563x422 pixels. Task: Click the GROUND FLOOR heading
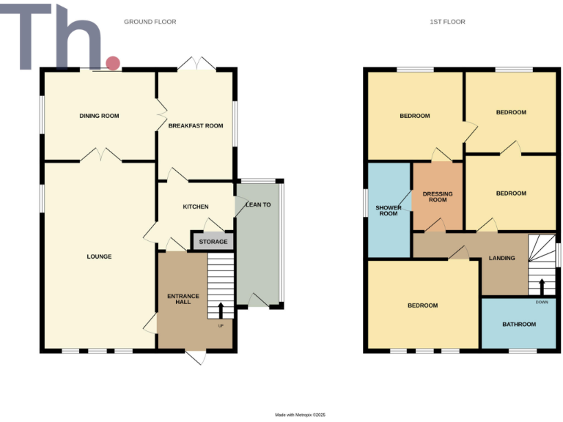(150, 22)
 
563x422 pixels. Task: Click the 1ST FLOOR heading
(447, 22)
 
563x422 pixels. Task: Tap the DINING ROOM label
(99, 116)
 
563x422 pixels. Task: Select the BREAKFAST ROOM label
(196, 126)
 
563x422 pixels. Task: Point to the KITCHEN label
(196, 207)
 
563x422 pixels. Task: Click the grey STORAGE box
(213, 241)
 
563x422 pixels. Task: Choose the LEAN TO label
(258, 205)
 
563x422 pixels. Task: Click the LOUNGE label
(99, 256)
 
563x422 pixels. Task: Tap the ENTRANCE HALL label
(183, 299)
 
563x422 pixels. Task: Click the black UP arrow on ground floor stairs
(221, 309)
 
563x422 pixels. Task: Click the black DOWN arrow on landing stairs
(542, 286)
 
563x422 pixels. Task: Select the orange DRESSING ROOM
(438, 196)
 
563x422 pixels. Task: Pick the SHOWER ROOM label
(388, 210)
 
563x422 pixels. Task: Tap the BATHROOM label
(518, 324)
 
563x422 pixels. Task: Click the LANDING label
(502, 258)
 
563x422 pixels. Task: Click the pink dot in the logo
(112, 64)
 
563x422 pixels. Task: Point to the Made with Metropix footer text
(300, 415)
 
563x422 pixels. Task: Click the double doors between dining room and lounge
(99, 155)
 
